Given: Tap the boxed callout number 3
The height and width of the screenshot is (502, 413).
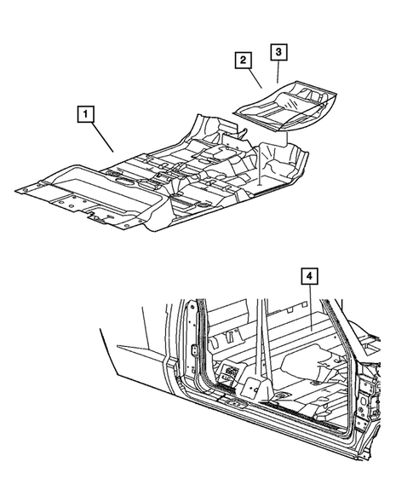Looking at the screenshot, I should pos(278,51).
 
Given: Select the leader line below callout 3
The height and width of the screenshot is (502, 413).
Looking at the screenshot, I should pos(278,72).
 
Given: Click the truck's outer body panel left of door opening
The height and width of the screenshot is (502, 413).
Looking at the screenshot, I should pos(136,349).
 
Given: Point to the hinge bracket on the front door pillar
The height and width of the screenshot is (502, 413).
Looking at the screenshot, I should pos(195,350).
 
